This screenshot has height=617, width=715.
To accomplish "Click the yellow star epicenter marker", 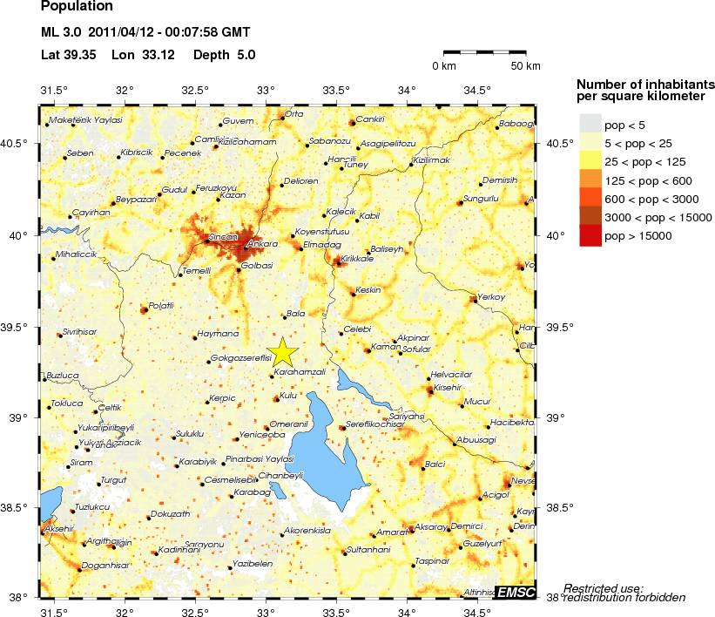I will pyautogui.click(x=282, y=351).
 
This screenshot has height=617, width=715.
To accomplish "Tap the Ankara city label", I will pyautogui.click(x=262, y=244).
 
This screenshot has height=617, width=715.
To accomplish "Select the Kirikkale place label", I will pyautogui.click(x=357, y=259).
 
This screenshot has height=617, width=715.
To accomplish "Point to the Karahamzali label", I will pyautogui.click(x=300, y=371).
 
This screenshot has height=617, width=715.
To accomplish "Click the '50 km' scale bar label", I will pyautogui.click(x=525, y=66).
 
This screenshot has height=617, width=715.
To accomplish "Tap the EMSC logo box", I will pyautogui.click(x=515, y=592).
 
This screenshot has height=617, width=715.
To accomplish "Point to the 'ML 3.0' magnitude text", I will pyautogui.click(x=61, y=33).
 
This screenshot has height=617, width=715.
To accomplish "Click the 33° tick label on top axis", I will pyautogui.click(x=266, y=91).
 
